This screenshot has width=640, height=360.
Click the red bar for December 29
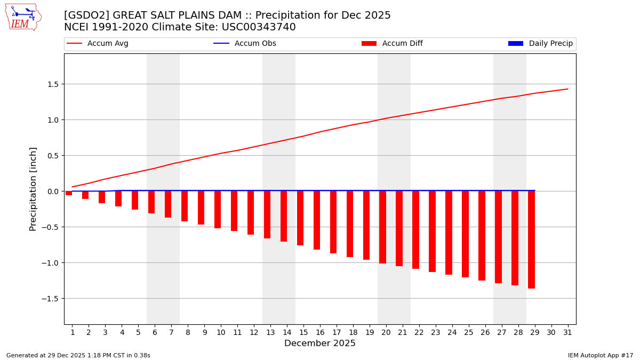(x=531, y=239)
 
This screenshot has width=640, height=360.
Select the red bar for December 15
(x=300, y=218)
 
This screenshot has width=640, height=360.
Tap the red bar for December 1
(x=69, y=193)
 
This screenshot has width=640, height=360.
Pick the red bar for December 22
(x=415, y=230)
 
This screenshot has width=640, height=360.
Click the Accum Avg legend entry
(x=98, y=44)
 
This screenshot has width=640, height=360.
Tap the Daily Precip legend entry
(x=541, y=44)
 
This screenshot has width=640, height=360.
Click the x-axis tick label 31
(x=567, y=332)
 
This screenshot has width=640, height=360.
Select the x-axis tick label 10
(x=221, y=332)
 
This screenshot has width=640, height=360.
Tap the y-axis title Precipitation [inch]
(x=33, y=189)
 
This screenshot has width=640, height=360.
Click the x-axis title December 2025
(x=320, y=343)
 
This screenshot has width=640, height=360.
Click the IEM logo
(x=23, y=17)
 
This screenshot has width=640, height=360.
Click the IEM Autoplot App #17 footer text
(x=600, y=355)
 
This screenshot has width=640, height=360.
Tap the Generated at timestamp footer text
(x=78, y=355)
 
